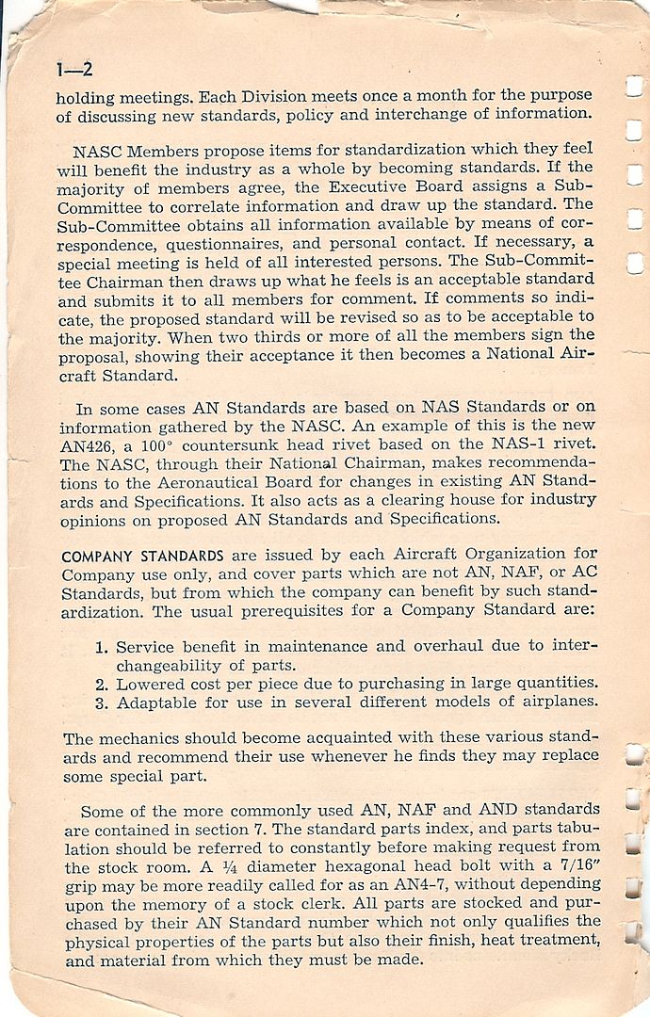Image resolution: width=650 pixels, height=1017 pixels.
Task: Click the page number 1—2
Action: tap(73, 71)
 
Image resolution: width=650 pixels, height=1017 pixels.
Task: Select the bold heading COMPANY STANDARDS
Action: tap(142, 556)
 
